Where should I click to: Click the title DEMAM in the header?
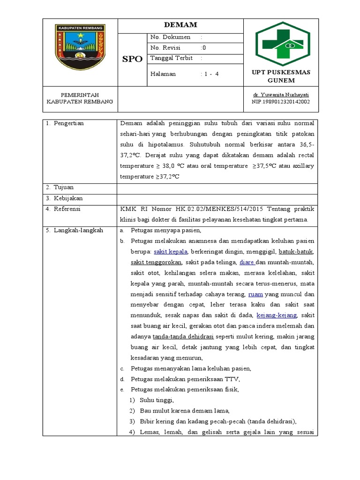pyautogui.click(x=180, y=25)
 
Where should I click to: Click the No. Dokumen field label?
pyautogui.click(x=170, y=37)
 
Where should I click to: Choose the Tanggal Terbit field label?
pyautogui.click(x=172, y=58)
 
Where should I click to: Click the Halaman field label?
pyautogui.click(x=163, y=74)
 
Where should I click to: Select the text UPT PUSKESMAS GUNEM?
pyautogui.click(x=281, y=76)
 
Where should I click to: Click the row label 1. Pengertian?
pyautogui.click(x=65, y=123)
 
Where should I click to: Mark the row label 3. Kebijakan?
pyautogui.click(x=64, y=198)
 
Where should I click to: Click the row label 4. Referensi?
pyautogui.click(x=63, y=209)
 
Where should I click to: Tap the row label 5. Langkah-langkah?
pyautogui.click(x=74, y=230)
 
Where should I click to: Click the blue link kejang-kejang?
pyautogui.click(x=280, y=315)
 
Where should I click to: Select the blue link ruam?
pyautogui.click(x=255, y=294)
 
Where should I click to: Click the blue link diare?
pyautogui.click(x=247, y=262)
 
